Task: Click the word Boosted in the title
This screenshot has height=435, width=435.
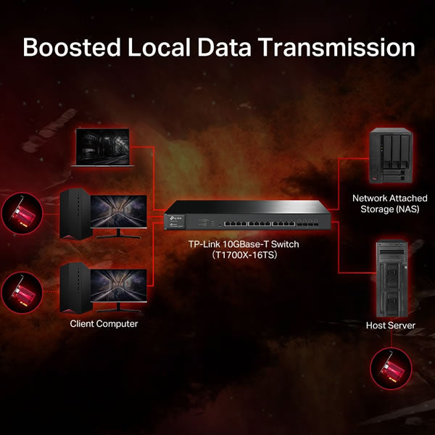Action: coord(72,47)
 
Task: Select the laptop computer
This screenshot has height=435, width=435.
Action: coord(103,147)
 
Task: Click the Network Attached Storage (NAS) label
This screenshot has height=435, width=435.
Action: coord(389,203)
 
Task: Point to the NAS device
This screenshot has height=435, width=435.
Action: coord(391,155)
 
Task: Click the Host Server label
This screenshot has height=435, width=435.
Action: coord(390,325)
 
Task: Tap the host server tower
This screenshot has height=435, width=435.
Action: coord(391,278)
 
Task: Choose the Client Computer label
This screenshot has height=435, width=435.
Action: coord(104,323)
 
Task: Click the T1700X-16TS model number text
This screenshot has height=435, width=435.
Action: coord(245,254)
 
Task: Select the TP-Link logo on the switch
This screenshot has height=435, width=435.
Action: coord(175,218)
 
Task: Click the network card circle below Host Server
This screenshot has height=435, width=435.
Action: coord(391,368)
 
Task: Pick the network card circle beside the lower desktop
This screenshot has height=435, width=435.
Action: coord(22,293)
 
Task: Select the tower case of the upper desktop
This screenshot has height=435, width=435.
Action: coord(75,214)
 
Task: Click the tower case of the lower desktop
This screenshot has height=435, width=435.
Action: coord(75,289)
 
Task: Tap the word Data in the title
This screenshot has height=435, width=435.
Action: coord(224,47)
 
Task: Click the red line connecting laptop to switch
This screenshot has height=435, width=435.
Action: coord(154,178)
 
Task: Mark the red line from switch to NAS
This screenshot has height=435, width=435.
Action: coord(339,183)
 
